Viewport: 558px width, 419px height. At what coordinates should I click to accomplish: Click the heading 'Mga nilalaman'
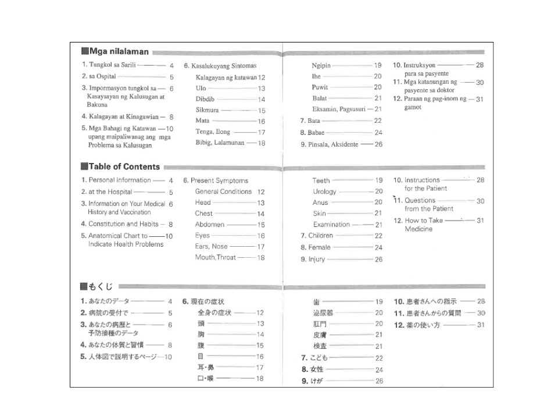(119, 52)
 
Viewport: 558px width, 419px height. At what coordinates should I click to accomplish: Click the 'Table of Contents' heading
(124, 166)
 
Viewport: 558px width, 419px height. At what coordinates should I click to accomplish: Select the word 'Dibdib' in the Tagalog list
(205, 99)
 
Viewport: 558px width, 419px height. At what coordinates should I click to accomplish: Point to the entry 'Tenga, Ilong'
(213, 132)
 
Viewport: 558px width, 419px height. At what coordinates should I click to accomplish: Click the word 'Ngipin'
(321, 65)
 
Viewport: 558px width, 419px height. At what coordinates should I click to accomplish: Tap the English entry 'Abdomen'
(209, 225)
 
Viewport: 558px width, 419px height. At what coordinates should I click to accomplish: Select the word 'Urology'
(324, 191)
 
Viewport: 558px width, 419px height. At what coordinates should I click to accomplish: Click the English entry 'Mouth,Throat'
(216, 257)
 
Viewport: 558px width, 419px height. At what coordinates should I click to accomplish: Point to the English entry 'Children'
(320, 236)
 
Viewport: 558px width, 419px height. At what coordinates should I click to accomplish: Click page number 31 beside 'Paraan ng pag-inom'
(480, 100)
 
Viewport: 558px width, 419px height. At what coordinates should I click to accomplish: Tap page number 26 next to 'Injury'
(378, 260)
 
